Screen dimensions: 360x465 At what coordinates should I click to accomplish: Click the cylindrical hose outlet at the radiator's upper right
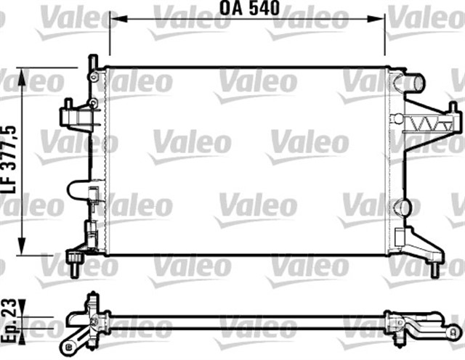pos(415,83)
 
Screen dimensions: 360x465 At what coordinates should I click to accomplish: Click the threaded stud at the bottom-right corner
pos(434,270)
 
